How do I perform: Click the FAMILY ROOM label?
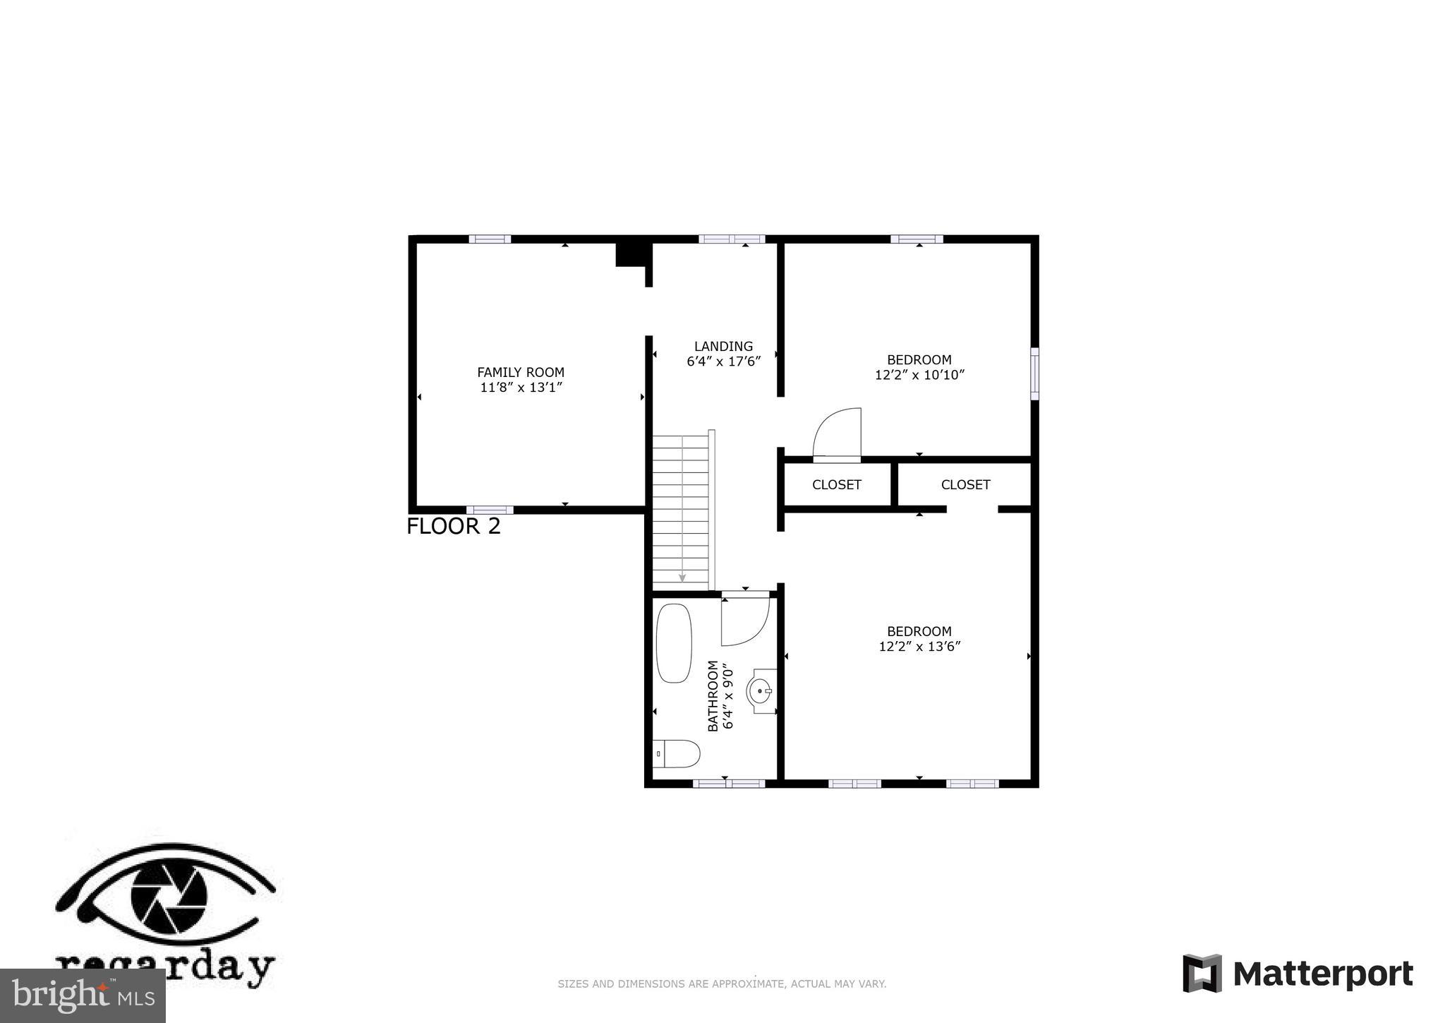pyautogui.click(x=521, y=372)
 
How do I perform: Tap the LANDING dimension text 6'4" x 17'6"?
pyautogui.click(x=723, y=361)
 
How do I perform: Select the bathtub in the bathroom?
pyautogui.click(x=673, y=642)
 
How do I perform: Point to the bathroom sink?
pyautogui.click(x=761, y=691)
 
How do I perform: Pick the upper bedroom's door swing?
pyautogui.click(x=838, y=434)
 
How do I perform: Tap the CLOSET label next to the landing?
pyautogui.click(x=836, y=485)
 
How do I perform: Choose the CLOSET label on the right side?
pyautogui.click(x=965, y=485)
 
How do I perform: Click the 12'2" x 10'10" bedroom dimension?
pyautogui.click(x=919, y=375)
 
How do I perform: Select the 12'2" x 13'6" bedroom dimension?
pyautogui.click(x=919, y=647)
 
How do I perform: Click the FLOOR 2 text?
pyautogui.click(x=454, y=527)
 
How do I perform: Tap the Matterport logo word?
pyautogui.click(x=1322, y=974)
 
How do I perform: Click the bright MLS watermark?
pyautogui.click(x=83, y=995)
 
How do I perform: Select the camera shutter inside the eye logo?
pyautogui.click(x=169, y=897)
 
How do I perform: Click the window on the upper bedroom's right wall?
pyautogui.click(x=1034, y=373)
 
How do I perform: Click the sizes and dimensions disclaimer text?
pyautogui.click(x=722, y=984)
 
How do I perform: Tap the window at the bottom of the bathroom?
pyautogui.click(x=729, y=783)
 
